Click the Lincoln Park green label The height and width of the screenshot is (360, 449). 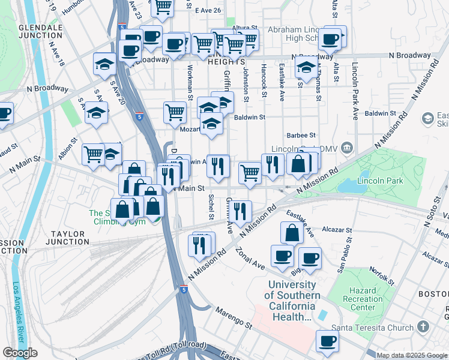click(x=378, y=179)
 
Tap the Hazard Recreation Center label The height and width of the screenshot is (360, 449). click(x=363, y=299)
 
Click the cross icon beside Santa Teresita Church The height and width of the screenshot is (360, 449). click(x=424, y=328)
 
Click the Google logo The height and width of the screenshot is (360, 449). click(x=20, y=353)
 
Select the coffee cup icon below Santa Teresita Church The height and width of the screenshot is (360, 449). click(x=327, y=341)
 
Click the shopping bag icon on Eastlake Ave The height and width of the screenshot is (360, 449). click(x=291, y=233)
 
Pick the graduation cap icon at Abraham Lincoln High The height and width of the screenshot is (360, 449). click(x=306, y=68)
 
